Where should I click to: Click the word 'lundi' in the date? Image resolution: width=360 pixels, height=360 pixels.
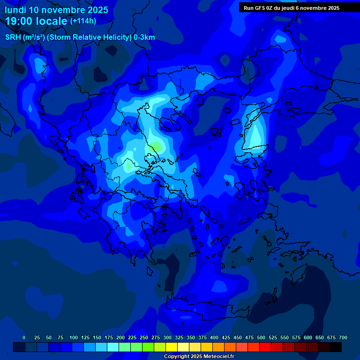tap(15, 10)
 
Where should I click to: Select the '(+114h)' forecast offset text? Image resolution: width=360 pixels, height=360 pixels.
tap(83, 21)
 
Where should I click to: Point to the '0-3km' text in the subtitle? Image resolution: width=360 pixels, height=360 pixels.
tap(144, 37)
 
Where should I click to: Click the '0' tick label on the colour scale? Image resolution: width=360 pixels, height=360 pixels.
tap(24, 338)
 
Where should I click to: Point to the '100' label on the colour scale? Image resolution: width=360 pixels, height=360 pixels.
tap(74, 338)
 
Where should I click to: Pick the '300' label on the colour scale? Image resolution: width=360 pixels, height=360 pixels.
tap(167, 338)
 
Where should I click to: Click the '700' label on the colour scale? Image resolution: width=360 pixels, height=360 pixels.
tap(343, 338)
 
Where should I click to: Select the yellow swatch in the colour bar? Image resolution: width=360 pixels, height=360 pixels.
tap(172, 347)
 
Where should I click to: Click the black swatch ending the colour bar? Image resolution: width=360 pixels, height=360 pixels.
tap(336, 347)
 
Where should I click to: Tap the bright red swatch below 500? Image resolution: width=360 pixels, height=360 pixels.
tap(265, 347)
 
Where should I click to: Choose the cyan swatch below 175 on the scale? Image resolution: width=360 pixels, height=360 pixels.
tap(113, 347)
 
